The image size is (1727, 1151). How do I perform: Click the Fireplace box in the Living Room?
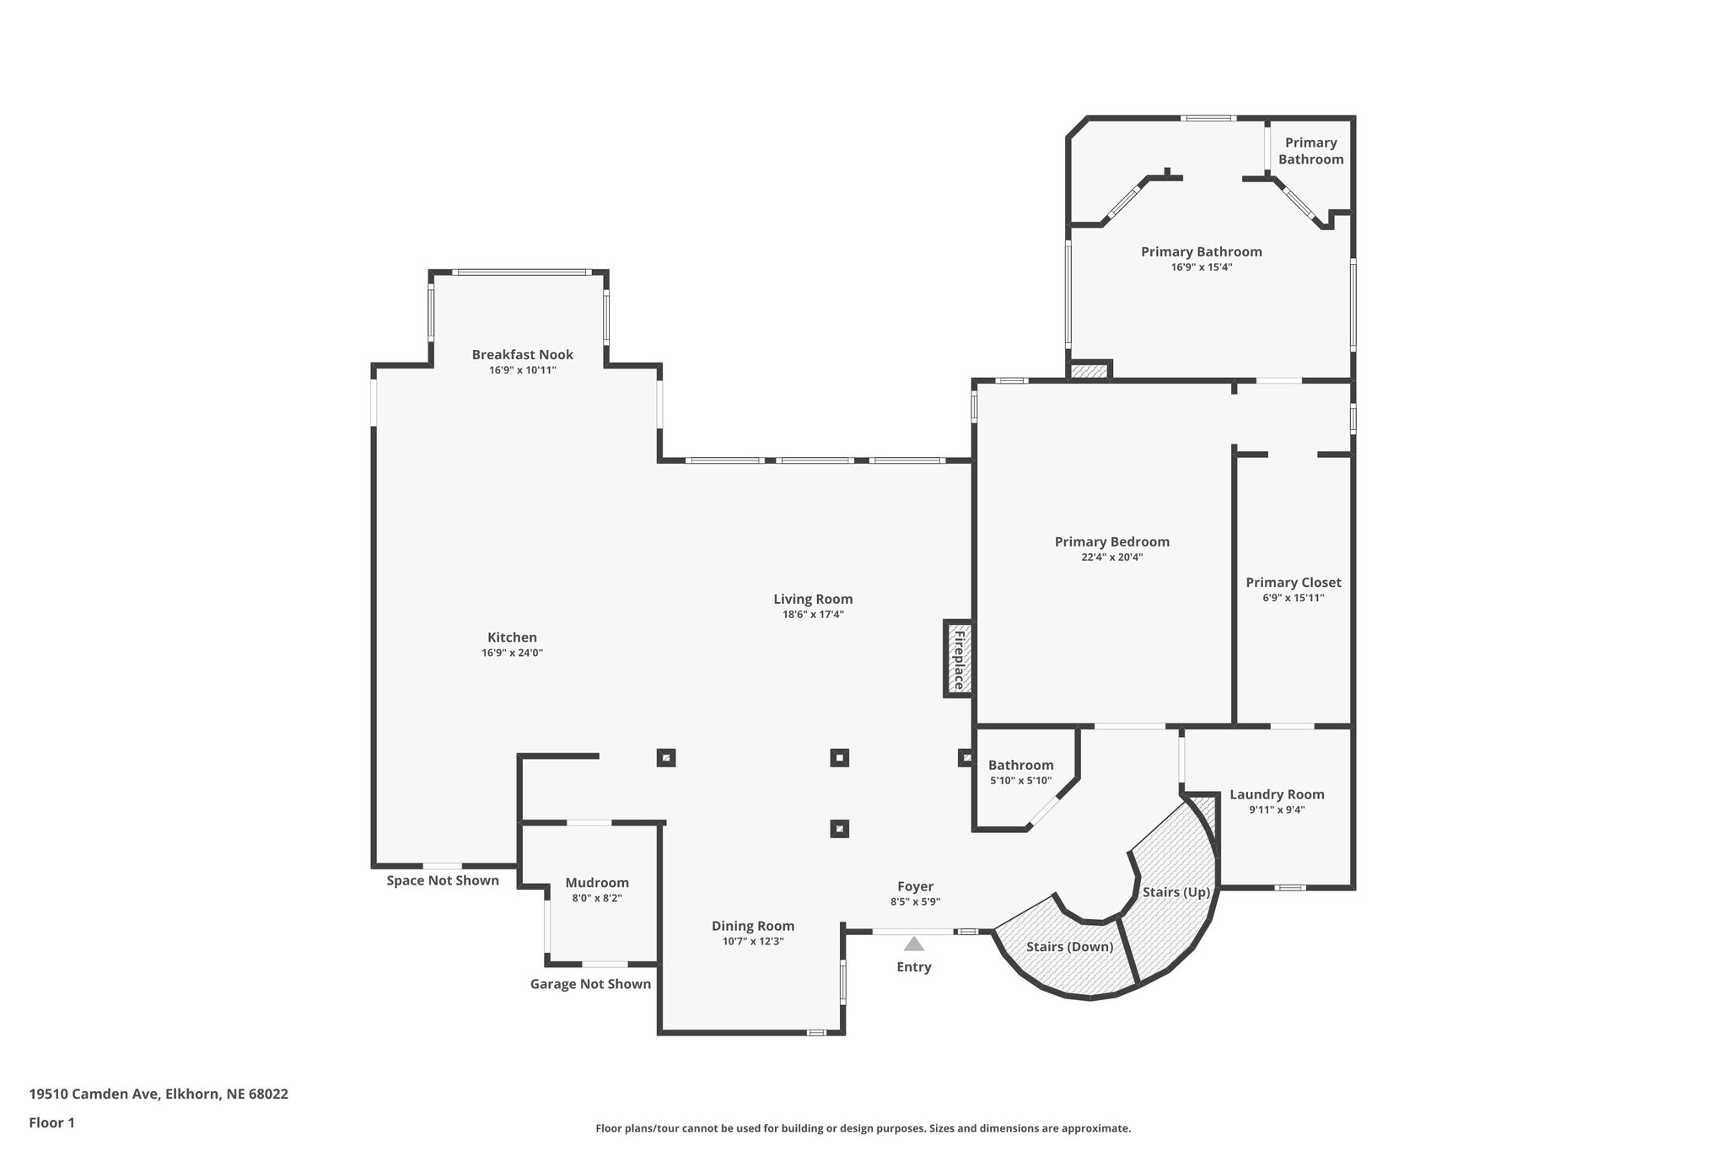(958, 659)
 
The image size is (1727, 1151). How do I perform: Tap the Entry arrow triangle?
(914, 944)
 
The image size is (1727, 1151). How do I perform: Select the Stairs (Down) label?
(1069, 946)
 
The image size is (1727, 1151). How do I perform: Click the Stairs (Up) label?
(1176, 891)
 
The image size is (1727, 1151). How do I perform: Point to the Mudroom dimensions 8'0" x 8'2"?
(596, 898)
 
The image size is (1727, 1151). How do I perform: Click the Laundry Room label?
(1277, 794)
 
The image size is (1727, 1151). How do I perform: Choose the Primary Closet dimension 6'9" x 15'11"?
(1293, 598)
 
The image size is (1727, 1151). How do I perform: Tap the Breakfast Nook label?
(522, 355)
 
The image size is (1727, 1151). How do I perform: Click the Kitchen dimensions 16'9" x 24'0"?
(512, 653)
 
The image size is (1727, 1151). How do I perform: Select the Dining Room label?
(752, 926)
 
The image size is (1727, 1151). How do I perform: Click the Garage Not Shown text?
(590, 984)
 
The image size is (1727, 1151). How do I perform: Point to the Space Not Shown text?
(443, 880)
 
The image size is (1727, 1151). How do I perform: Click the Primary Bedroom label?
(1111, 542)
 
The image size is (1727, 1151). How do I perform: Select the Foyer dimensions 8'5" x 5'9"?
(915, 901)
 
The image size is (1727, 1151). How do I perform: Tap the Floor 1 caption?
(51, 1122)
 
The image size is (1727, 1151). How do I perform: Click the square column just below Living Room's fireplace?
(966, 757)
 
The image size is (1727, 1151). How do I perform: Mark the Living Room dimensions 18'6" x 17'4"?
(813, 615)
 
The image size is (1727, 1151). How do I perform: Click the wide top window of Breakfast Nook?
(520, 272)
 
